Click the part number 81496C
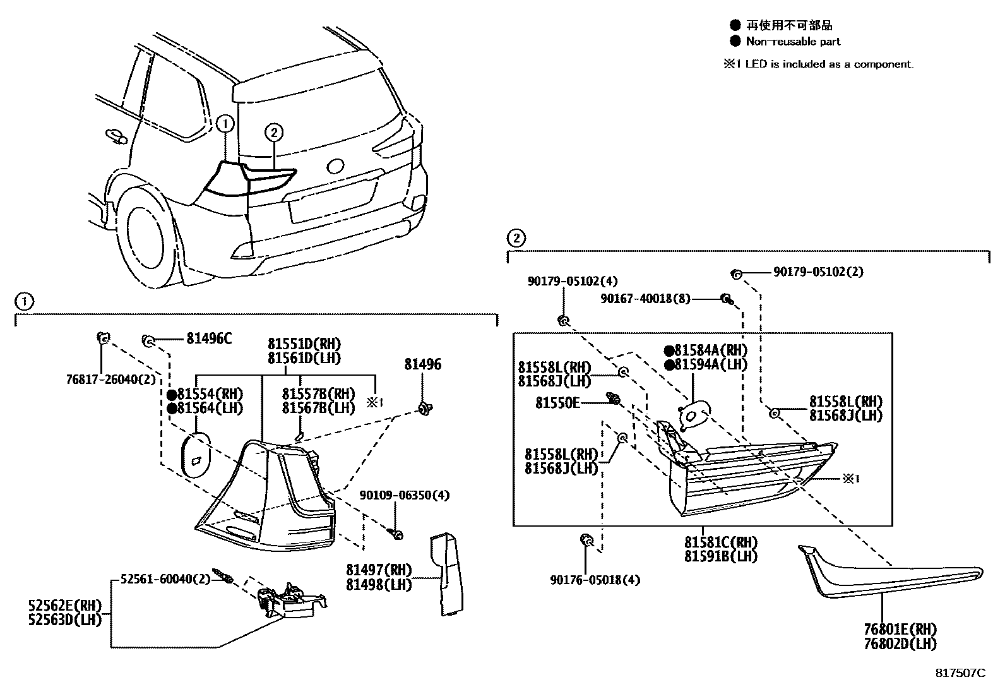[x=209, y=339]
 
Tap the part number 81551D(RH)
[x=304, y=344]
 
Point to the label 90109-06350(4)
[x=405, y=495]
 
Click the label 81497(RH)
[x=379, y=570]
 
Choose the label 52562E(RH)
[x=65, y=606]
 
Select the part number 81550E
[x=557, y=402]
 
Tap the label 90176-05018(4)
[x=595, y=579]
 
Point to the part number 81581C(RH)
[x=720, y=542]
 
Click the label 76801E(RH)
[x=900, y=630]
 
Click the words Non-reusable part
[x=793, y=42]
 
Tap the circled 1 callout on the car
[x=225, y=124]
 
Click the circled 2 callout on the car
[x=273, y=132]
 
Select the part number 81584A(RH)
[x=710, y=350]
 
